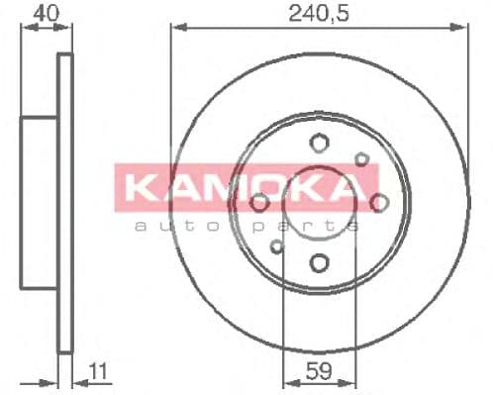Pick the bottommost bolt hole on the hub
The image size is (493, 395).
pyautogui.click(x=319, y=262)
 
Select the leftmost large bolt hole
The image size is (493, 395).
pyautogui.click(x=260, y=203)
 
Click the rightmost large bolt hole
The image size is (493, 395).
pyautogui.click(x=378, y=203)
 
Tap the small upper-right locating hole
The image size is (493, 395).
pyautogui.click(x=362, y=159)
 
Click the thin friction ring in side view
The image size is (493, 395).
pyautogui.click(x=66, y=203)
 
